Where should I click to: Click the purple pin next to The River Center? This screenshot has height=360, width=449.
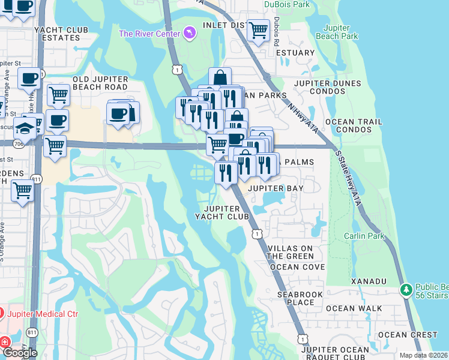pos(190,32)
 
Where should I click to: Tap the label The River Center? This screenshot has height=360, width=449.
pos(149,34)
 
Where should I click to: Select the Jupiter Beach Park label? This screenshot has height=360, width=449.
pos(340,32)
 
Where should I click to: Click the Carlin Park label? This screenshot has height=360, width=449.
pos(364,236)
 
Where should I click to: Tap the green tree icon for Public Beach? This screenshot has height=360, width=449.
pos(406,290)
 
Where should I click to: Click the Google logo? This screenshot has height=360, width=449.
pos(19,352)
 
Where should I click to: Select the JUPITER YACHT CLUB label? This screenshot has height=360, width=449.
pos(222,212)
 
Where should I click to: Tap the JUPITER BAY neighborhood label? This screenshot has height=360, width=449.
pos(276,188)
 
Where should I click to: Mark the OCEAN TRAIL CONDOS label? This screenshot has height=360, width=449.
pos(354,125)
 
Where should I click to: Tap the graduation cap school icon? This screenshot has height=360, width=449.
pos(25,128)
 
